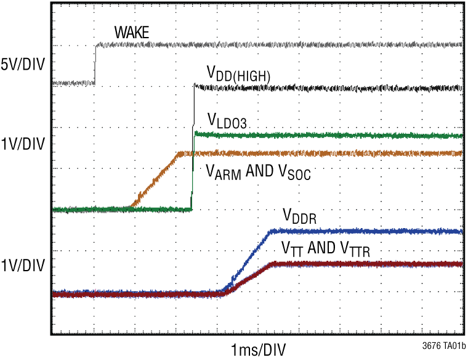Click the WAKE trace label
click(x=132, y=33)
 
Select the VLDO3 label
click(x=227, y=121)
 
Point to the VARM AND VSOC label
click(x=258, y=173)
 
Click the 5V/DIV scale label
click(x=23, y=63)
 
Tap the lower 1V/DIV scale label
click(x=23, y=266)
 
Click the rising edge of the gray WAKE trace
click(x=95, y=63)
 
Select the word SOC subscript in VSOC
click(x=300, y=176)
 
